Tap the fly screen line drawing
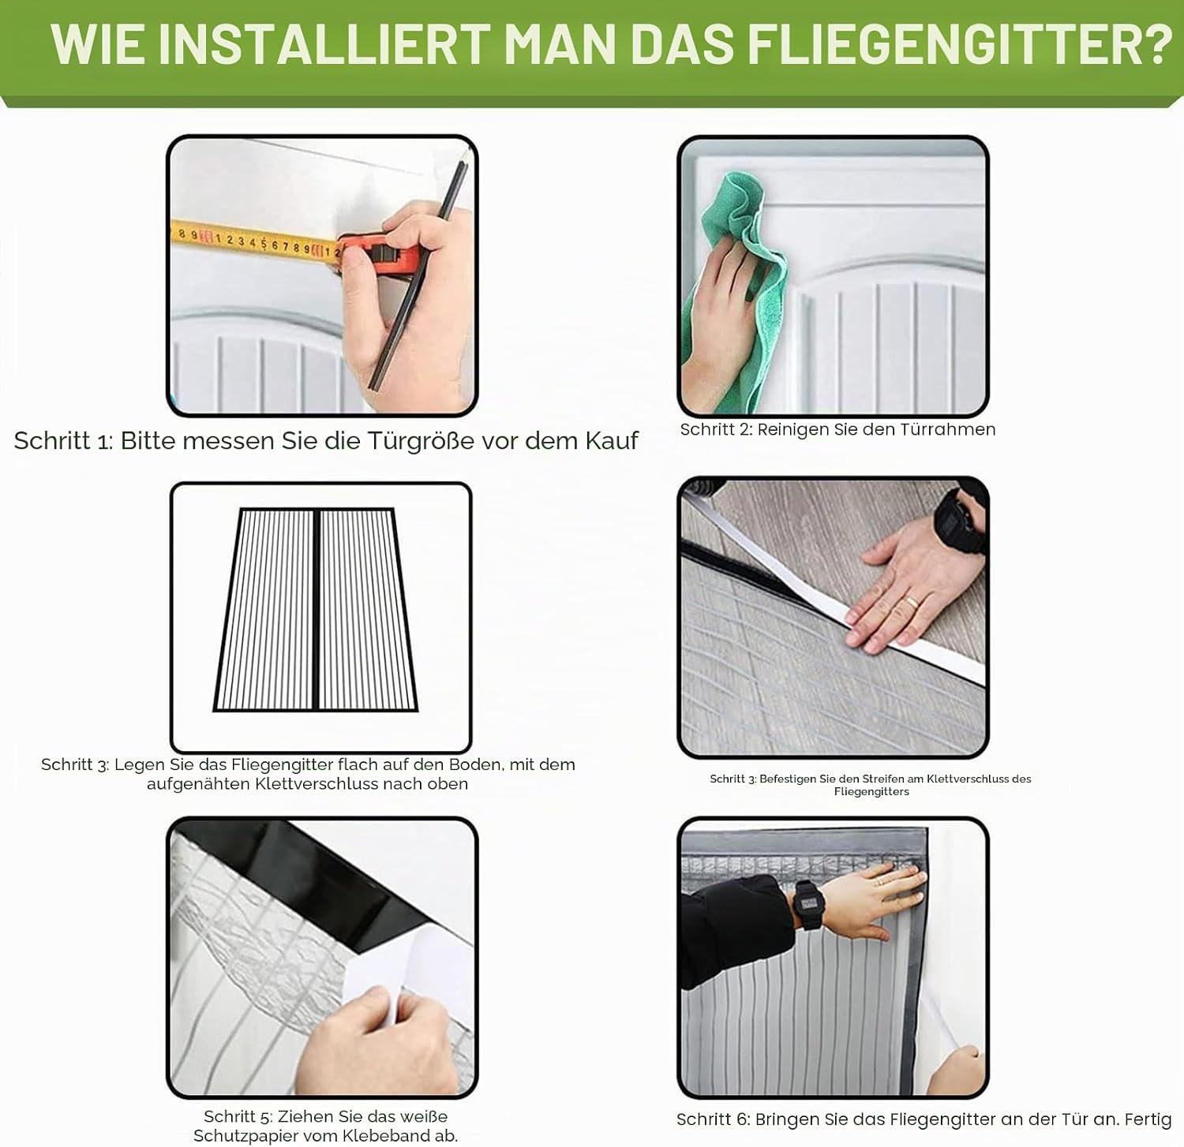click(316, 610)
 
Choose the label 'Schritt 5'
click(238, 1116)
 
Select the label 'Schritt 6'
click(713, 1119)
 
